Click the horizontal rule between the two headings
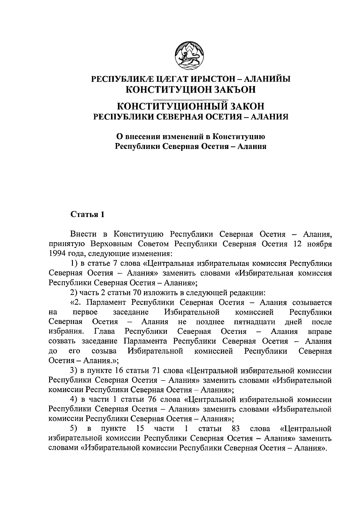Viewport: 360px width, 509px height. tap(191, 99)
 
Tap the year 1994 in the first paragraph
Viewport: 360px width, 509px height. tap(58, 254)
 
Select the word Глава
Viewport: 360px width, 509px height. tap(104, 332)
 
